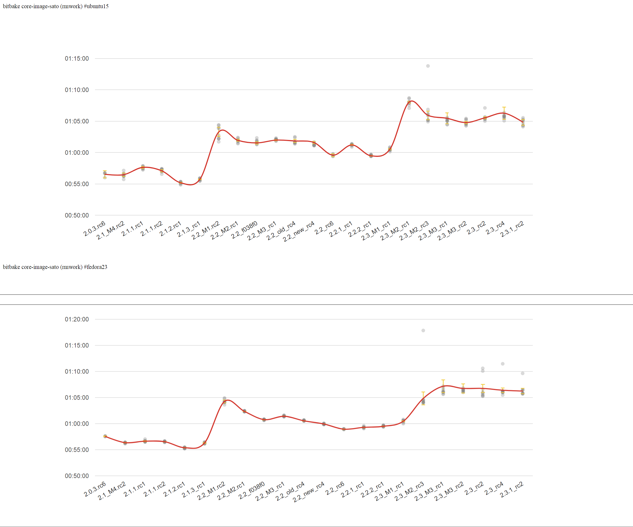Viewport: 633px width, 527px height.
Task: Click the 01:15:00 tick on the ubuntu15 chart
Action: [77, 59]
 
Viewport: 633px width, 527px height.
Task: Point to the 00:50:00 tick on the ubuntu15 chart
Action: [77, 215]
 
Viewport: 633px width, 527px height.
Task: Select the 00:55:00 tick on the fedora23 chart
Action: [77, 450]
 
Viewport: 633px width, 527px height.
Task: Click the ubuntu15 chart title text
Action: [56, 6]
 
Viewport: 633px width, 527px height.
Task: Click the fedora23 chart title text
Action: [55, 267]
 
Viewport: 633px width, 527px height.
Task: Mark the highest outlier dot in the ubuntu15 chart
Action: [428, 66]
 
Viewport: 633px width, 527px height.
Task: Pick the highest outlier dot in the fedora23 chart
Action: [423, 331]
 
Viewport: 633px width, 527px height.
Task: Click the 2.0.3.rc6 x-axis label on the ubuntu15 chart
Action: [94, 228]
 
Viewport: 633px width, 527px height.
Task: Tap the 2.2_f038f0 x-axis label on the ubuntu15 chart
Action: [244, 230]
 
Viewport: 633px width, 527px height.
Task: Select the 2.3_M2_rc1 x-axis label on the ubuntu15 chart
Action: [395, 231]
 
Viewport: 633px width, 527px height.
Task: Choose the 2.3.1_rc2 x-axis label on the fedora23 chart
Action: [512, 490]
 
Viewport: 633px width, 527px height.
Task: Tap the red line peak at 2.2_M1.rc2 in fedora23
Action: [228, 400]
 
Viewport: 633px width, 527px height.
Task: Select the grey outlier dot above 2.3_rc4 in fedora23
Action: [503, 364]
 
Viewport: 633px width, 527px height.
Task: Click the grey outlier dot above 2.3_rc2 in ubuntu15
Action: [485, 108]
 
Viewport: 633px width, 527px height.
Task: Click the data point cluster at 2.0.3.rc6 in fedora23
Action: [105, 436]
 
